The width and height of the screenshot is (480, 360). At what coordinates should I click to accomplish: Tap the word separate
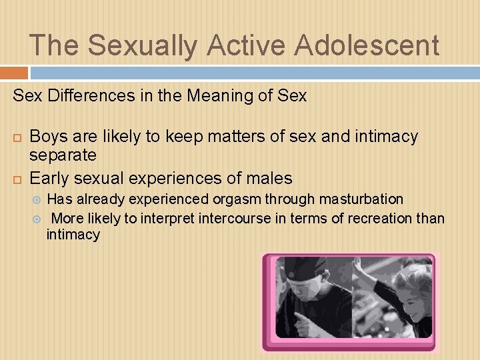[63, 156]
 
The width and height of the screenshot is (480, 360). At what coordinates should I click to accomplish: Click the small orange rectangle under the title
[14, 73]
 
